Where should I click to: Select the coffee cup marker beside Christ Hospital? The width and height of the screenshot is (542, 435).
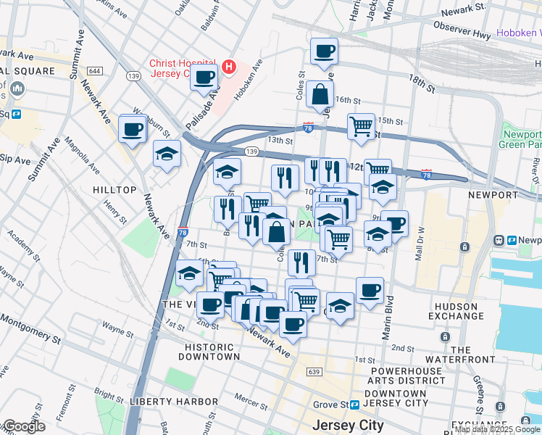(x=204, y=77)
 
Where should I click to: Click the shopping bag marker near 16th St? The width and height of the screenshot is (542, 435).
(x=320, y=94)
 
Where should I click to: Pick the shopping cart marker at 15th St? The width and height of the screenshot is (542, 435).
(x=361, y=127)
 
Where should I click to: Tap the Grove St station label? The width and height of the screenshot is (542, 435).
(x=330, y=405)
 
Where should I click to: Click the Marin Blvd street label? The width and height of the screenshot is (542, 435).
(x=388, y=316)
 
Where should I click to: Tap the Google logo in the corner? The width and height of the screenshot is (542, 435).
(x=23, y=426)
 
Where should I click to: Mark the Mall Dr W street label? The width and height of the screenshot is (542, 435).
(x=418, y=243)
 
